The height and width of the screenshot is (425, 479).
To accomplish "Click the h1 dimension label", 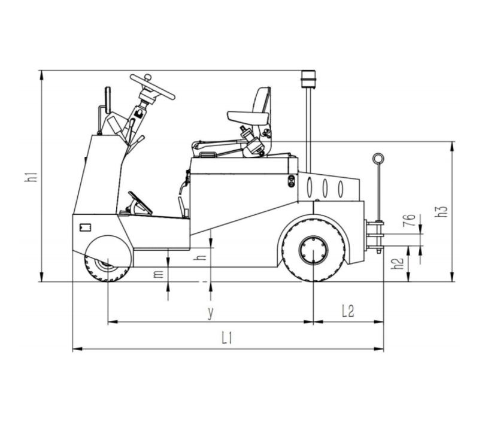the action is coord(32,177).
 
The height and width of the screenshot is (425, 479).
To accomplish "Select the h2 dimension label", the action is coord(398,264).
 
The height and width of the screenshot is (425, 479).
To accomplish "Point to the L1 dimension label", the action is coord(227,338).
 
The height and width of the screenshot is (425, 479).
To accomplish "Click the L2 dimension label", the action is coord(348,311).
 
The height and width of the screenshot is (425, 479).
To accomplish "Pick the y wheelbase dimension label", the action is coord(210,312).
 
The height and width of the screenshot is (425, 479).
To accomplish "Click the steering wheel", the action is coord(153,87).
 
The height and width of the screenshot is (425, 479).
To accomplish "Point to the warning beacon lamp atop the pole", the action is coord(308,79).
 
